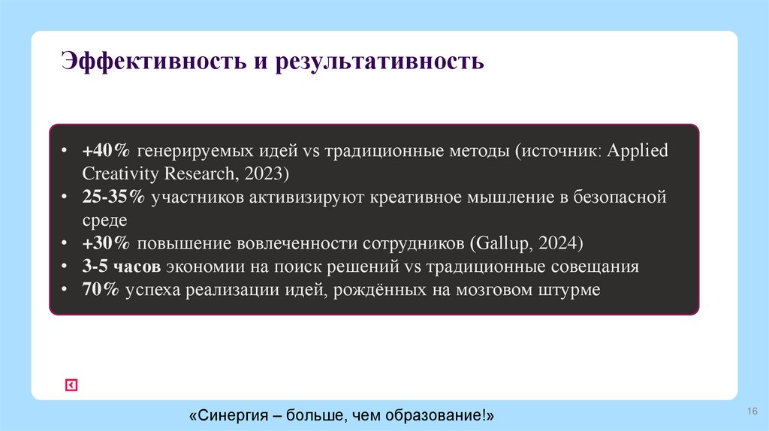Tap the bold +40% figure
[105, 150]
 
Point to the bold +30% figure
[105, 244]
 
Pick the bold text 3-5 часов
[121, 267]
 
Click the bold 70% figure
[101, 291]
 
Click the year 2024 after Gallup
[556, 244]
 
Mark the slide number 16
[752, 411]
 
